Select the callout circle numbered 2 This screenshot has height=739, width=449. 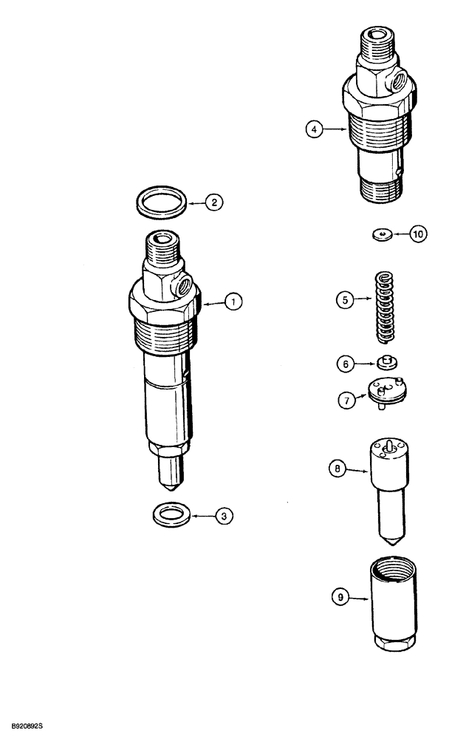(212, 202)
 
